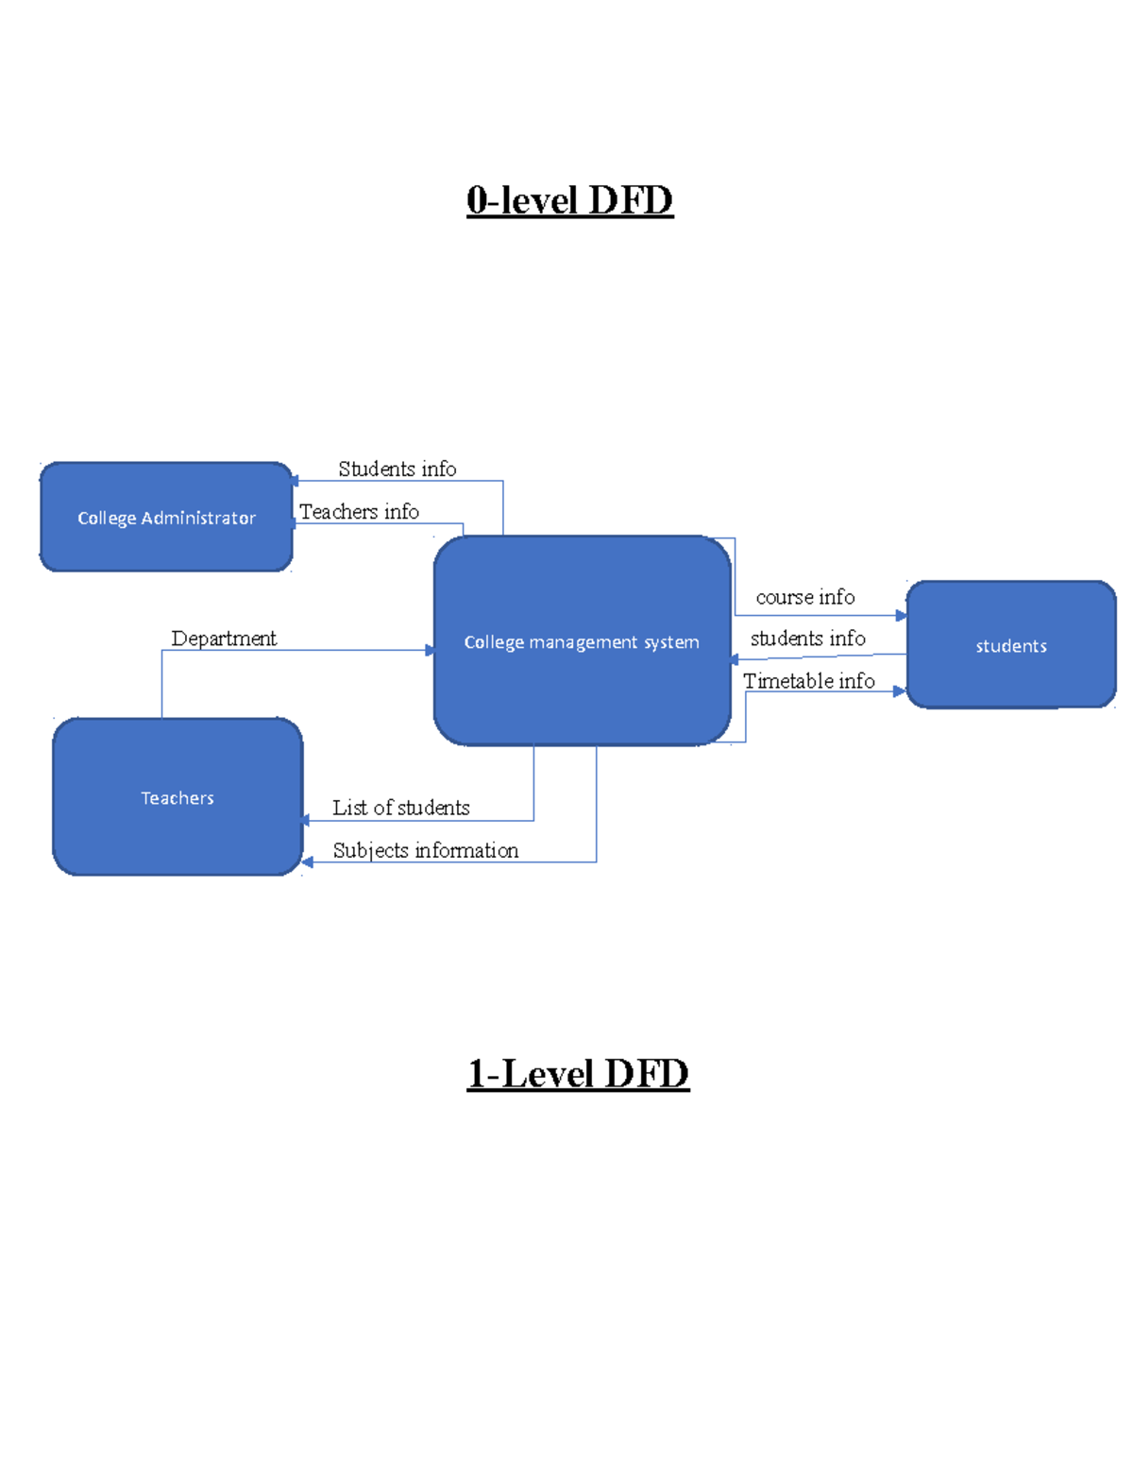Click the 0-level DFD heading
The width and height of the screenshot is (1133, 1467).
tap(569, 200)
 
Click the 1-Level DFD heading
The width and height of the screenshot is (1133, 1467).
tap(578, 1074)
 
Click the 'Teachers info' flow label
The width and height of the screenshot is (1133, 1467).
tap(359, 512)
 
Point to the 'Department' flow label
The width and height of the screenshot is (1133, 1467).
tap(224, 639)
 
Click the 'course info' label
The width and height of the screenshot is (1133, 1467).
tap(804, 597)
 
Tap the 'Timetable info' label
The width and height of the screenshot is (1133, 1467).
tap(808, 681)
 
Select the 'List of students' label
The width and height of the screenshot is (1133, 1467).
tap(400, 808)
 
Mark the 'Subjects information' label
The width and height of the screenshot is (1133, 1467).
tap(425, 850)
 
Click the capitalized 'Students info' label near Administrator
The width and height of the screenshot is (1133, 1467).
tap(397, 469)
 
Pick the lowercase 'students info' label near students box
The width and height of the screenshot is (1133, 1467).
tap(807, 639)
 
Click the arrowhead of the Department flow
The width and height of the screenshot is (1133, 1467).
tap(430, 650)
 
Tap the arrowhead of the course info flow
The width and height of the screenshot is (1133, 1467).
tap(901, 616)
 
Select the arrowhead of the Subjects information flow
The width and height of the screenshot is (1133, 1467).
tap(308, 861)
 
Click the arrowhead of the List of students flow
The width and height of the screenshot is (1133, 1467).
tap(306, 820)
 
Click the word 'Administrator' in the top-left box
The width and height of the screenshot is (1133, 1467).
tap(198, 518)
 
